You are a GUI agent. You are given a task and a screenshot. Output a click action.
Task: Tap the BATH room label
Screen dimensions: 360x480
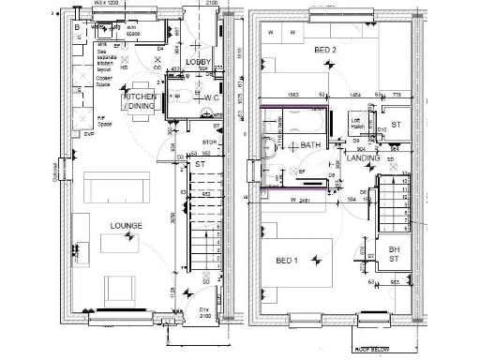coord(310,145)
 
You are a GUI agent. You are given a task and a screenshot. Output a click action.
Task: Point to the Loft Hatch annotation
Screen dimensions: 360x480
coord(356,123)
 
